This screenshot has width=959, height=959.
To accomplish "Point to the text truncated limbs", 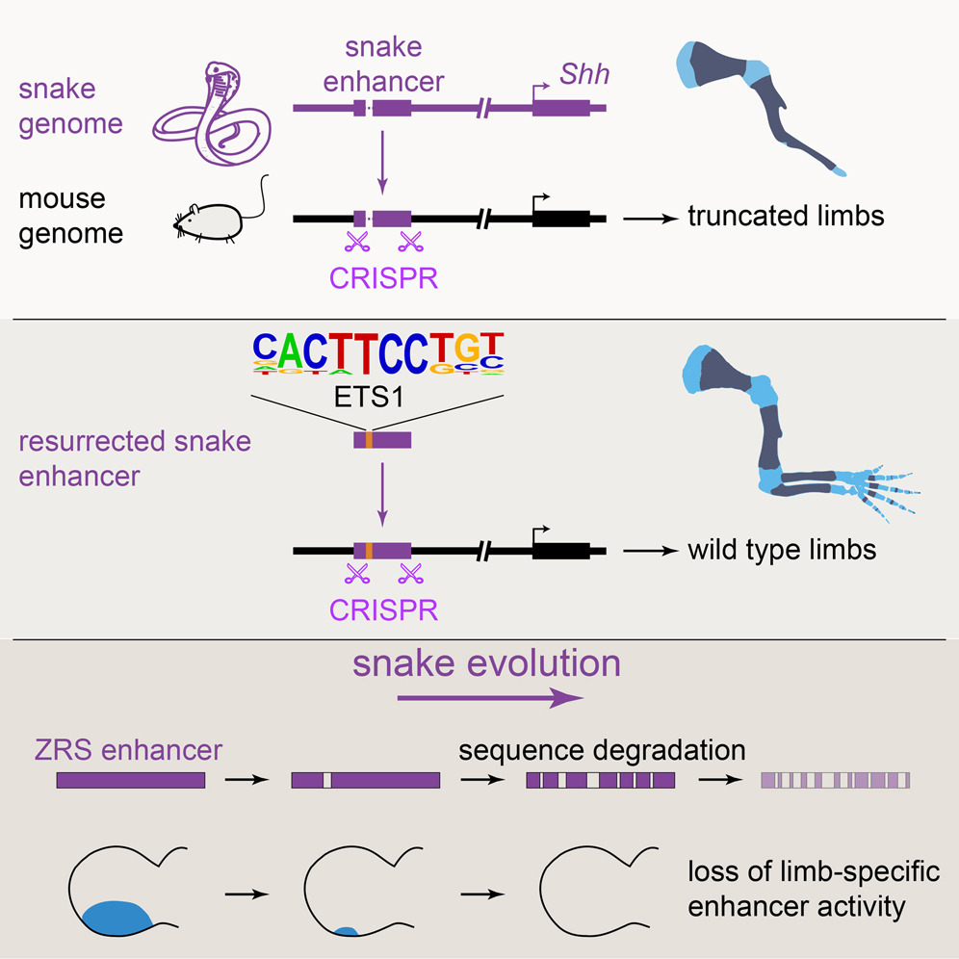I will coord(785,217).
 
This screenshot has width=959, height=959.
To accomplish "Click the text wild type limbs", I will coord(782,551).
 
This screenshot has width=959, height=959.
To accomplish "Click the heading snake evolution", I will coord(486,663).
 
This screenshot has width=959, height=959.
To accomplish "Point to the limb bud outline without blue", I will coord(588,891).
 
